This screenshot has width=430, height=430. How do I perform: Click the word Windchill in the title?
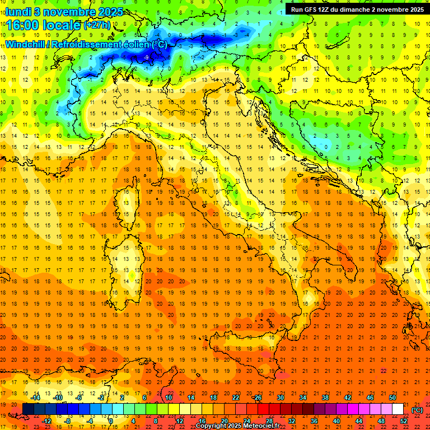tap(25, 44)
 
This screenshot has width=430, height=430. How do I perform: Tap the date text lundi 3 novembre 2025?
tap(64, 12)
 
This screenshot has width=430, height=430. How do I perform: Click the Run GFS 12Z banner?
tap(357, 9)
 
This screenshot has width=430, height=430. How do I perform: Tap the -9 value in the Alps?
tap(146, 57)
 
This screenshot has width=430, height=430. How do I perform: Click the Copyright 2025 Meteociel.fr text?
tap(237, 426)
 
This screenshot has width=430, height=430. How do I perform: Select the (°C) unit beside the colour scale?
tap(417, 410)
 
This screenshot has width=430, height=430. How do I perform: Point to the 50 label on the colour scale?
tap(392, 397)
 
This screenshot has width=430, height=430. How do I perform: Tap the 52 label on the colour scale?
tap(404, 420)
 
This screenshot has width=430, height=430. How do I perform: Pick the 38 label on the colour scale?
tap(325, 397)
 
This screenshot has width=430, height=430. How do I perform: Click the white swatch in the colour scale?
tap(398, 409)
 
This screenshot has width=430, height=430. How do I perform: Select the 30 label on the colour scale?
tap(281, 397)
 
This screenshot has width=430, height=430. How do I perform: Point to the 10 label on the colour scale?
tap(169, 397)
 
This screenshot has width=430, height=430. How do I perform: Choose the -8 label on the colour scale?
tap(68, 420)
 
